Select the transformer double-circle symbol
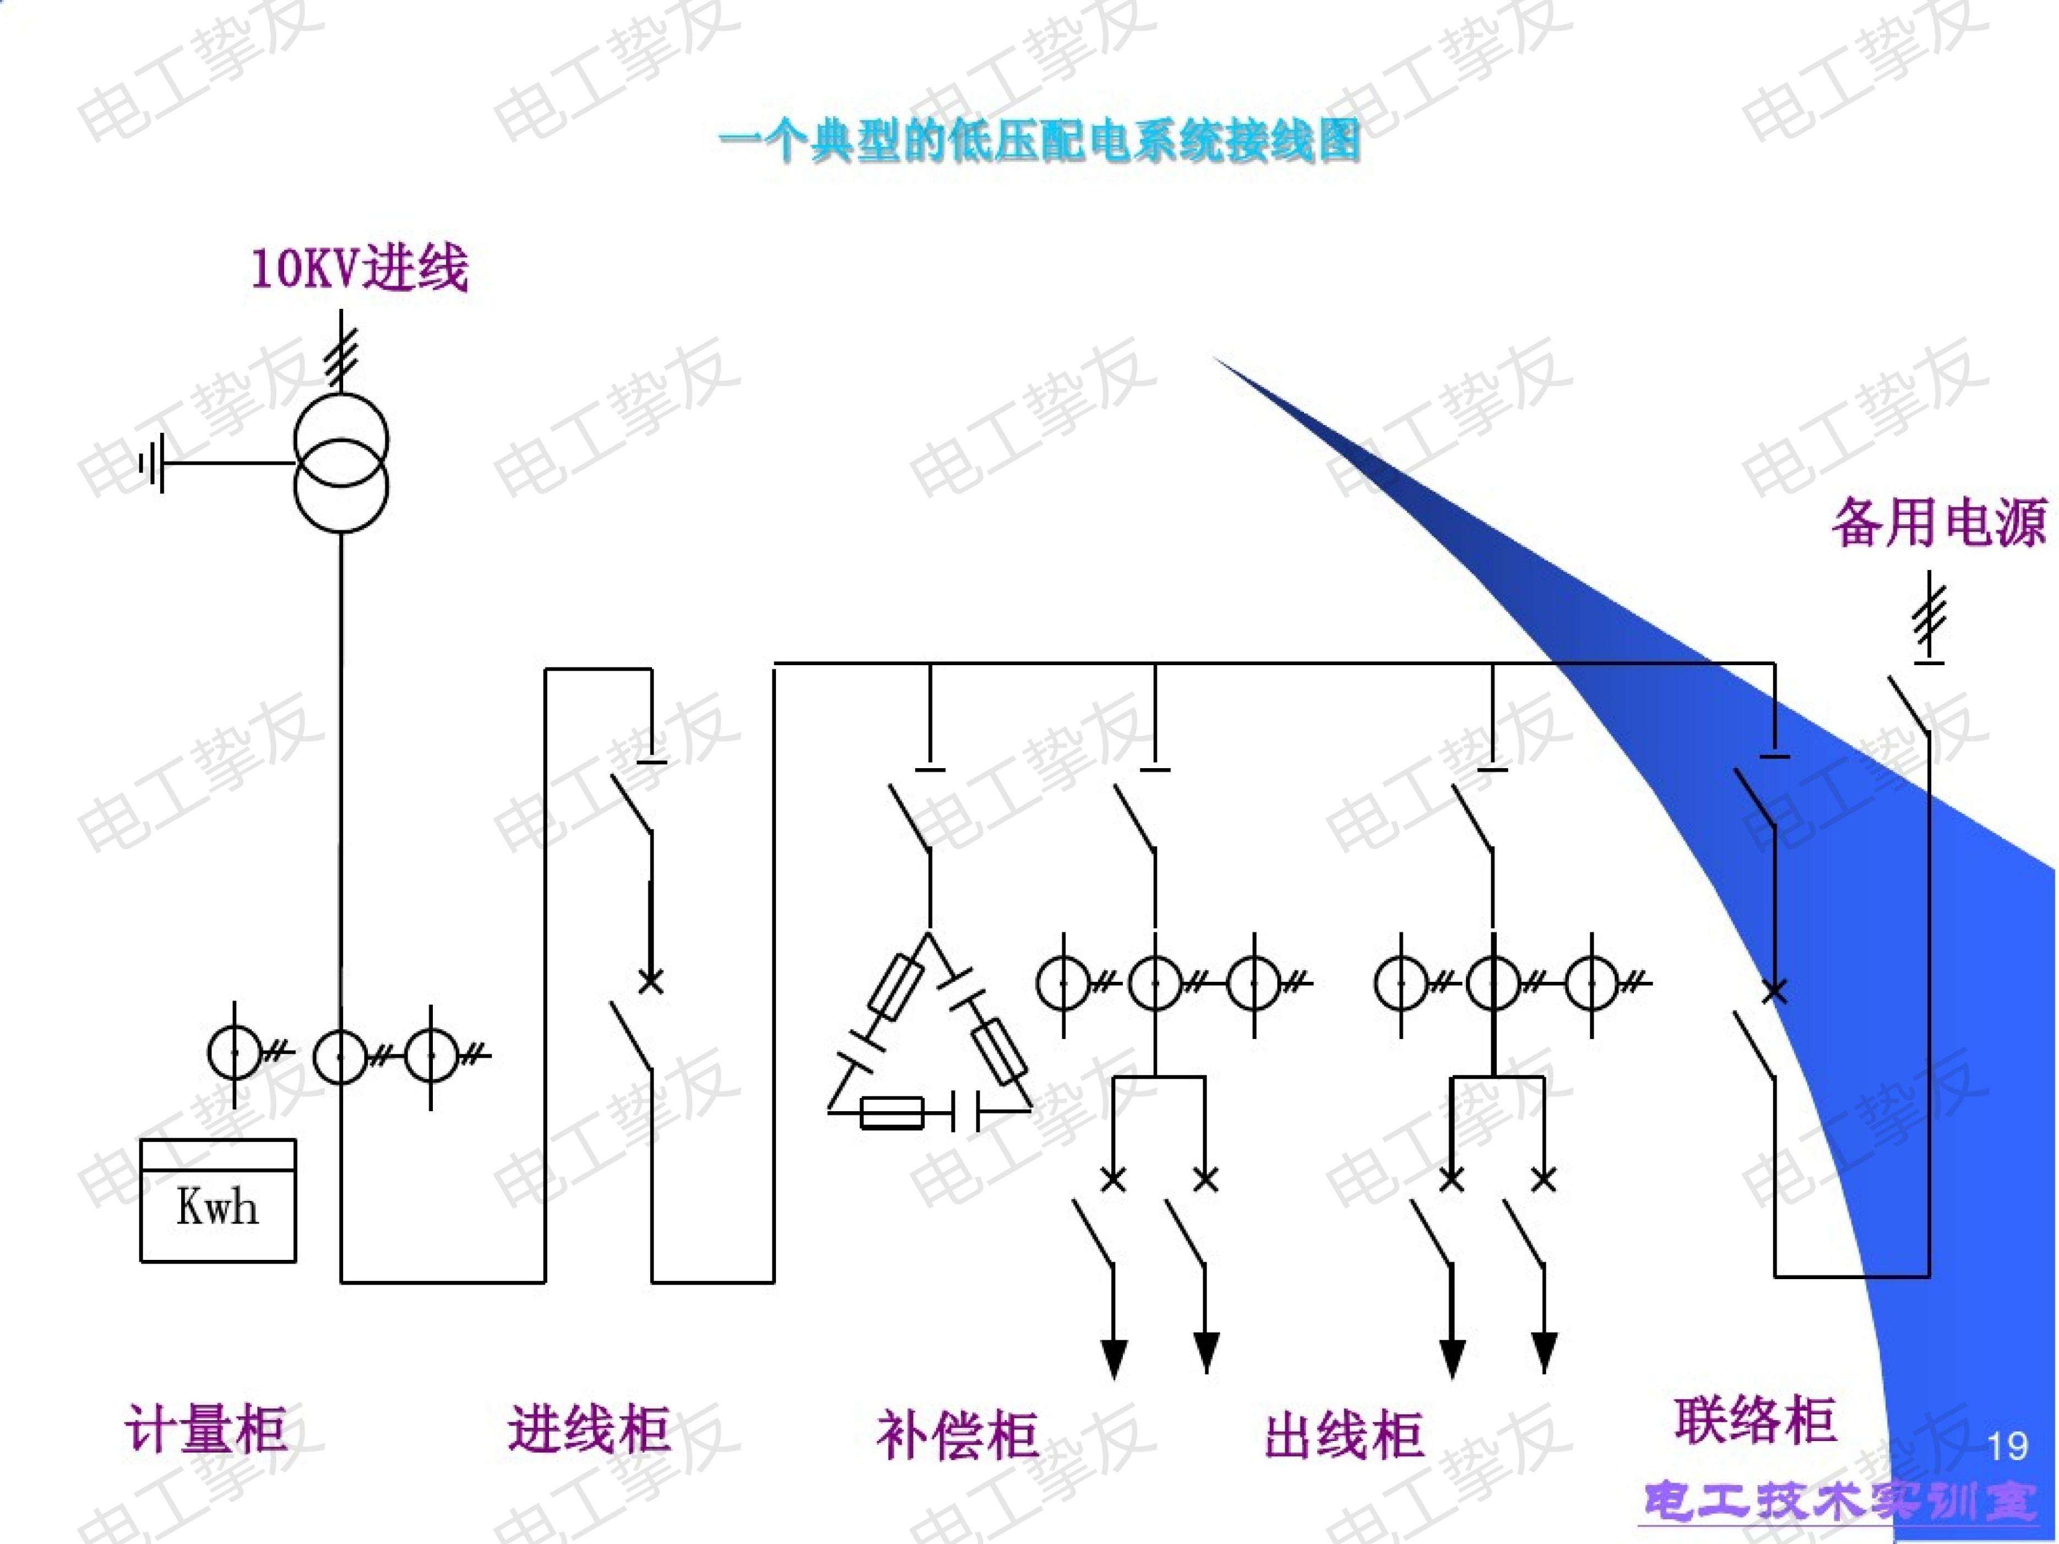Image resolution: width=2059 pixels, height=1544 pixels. click(341, 463)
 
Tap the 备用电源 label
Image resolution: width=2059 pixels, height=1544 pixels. click(1940, 523)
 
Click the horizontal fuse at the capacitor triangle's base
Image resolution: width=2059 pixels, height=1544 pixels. click(892, 1112)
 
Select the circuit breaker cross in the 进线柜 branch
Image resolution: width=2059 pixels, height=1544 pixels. click(651, 981)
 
